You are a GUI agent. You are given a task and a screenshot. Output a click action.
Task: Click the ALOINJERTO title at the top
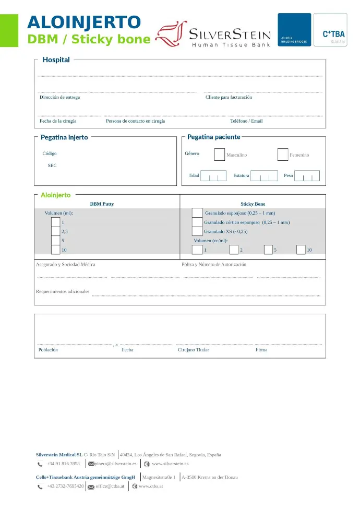84,22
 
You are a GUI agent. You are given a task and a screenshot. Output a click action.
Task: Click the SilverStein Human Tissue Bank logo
214,35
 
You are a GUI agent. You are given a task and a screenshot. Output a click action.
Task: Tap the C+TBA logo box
330,30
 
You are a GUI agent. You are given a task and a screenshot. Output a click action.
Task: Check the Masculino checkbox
220,155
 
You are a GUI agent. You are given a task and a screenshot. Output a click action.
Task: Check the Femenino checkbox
283,155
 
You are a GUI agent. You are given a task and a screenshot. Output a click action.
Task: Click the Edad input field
213,176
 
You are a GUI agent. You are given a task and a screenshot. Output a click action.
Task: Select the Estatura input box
264,176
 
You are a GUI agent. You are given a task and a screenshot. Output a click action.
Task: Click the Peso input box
307,176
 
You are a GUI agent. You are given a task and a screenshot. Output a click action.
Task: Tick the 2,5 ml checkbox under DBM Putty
56,231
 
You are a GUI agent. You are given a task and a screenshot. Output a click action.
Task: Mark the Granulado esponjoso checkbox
197,213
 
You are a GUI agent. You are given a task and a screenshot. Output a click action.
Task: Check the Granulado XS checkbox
197,231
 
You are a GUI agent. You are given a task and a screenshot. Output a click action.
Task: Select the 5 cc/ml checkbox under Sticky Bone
268,250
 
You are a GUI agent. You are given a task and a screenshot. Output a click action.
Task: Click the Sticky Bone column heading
253,204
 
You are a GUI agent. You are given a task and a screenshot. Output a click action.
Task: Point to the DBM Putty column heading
102,204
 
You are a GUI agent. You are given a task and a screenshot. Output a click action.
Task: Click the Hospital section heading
56,60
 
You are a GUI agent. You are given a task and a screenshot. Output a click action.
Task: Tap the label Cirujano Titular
194,350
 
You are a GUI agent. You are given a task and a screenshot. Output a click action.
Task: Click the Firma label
261,350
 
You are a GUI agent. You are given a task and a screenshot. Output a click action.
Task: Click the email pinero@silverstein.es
115,464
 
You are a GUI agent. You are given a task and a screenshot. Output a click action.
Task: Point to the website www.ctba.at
151,486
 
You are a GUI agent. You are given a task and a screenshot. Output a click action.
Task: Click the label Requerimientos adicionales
63,291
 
